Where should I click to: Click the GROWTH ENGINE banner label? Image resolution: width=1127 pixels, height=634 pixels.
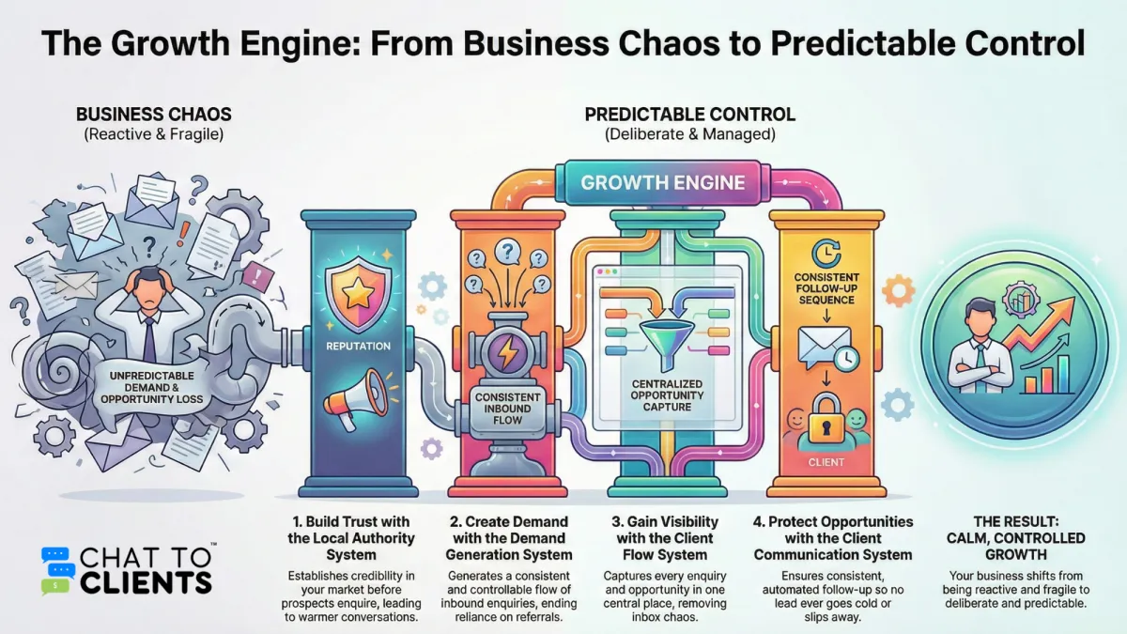tap(663, 182)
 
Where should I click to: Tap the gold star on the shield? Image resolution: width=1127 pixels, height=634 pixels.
tap(358, 291)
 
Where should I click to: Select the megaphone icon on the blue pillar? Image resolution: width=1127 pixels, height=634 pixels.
tap(355, 399)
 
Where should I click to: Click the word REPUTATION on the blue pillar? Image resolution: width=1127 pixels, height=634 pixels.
tap(358, 347)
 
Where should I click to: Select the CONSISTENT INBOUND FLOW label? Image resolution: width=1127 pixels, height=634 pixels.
tap(507, 409)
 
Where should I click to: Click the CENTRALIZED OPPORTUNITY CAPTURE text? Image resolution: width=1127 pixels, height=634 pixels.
tap(667, 395)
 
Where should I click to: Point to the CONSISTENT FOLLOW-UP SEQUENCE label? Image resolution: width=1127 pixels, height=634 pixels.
tap(826, 288)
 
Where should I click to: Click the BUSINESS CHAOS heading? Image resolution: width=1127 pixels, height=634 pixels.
tap(154, 115)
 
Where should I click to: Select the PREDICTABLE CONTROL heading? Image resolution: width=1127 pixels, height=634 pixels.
tap(689, 115)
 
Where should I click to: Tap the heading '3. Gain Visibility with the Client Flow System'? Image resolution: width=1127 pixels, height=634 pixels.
tap(665, 538)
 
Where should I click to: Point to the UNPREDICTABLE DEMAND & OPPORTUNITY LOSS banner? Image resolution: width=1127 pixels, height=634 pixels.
tap(151, 387)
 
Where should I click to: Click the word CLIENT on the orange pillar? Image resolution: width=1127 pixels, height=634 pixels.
tap(826, 462)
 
